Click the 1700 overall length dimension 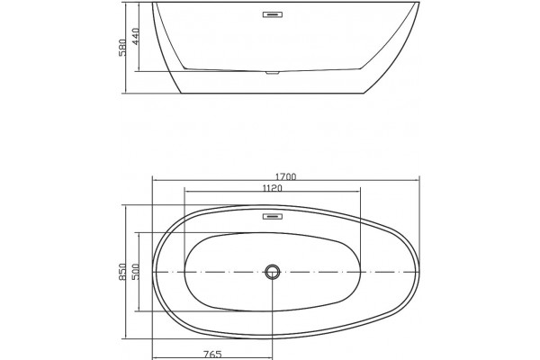[x=285, y=176]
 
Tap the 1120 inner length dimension [x=272, y=188]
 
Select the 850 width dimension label [x=122, y=272]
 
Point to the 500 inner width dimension [x=135, y=272]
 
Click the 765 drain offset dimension [x=212, y=354]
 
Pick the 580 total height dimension [x=122, y=47]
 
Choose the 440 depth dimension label [x=135, y=36]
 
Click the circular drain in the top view [x=273, y=272]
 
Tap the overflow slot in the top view [x=273, y=216]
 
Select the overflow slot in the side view [x=273, y=14]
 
